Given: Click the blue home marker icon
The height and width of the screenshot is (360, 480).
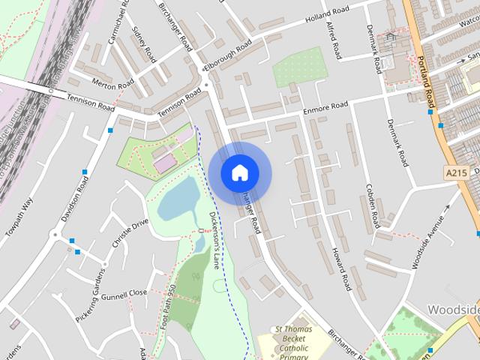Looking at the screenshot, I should [x=239, y=172].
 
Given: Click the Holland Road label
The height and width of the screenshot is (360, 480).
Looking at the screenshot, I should [x=328, y=16].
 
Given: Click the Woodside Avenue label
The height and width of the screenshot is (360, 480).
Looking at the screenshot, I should [x=428, y=243].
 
